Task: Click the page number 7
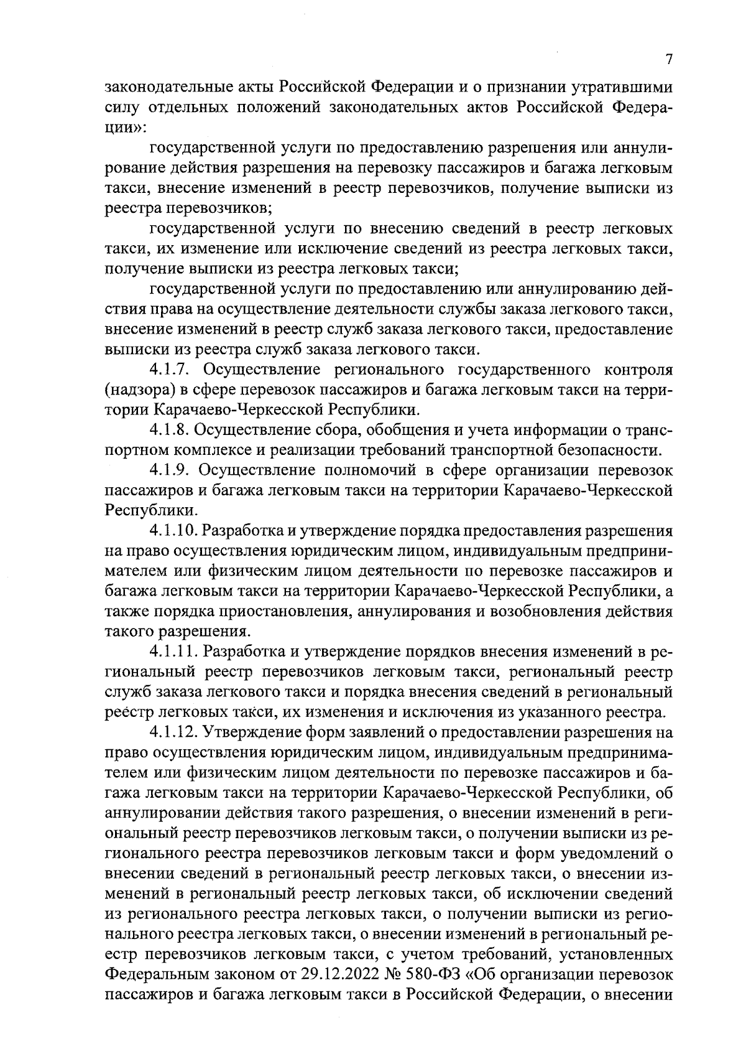pos(669,60)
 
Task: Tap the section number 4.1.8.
pos(172,430)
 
